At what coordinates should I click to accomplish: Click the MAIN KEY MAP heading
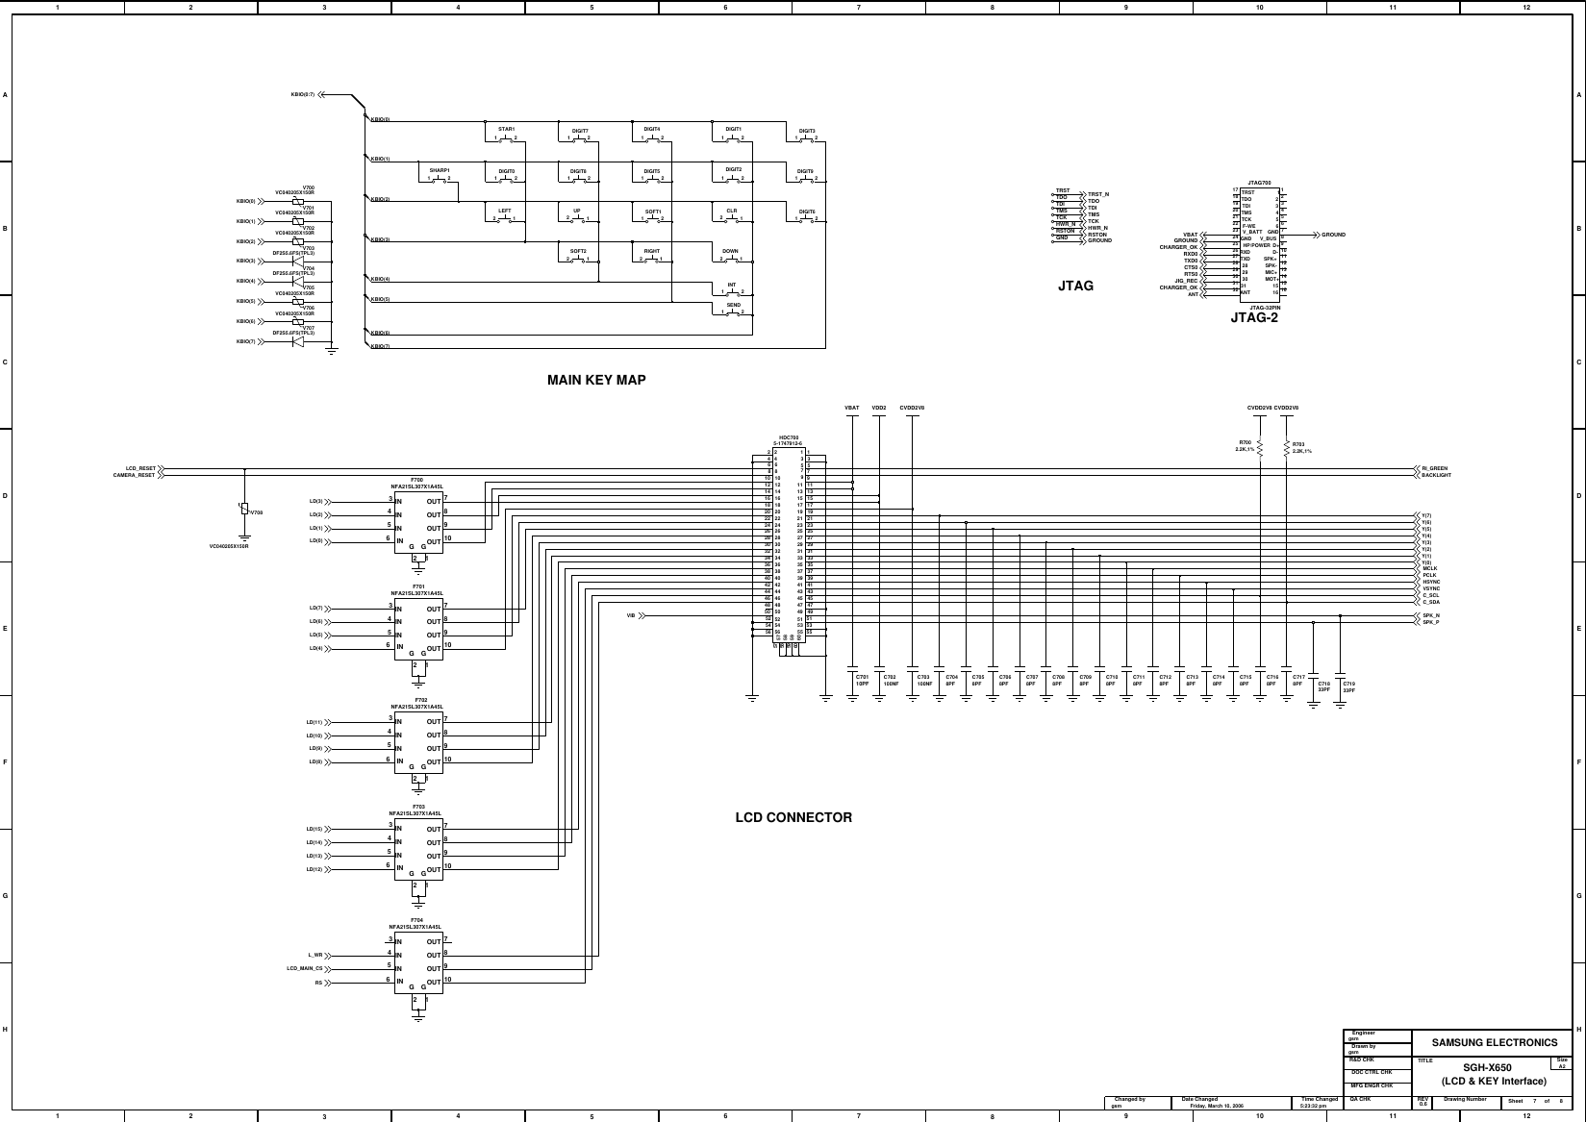coord(596,380)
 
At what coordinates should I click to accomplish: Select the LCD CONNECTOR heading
coord(793,817)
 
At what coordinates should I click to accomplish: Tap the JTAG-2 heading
coord(1254,317)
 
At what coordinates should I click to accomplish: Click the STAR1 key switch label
coord(507,129)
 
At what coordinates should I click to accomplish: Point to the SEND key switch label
coord(733,305)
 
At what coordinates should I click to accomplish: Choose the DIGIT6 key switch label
coord(807,211)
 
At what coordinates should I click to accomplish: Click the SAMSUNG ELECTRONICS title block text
coord(1494,1042)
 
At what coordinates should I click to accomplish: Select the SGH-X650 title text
coord(1487,1068)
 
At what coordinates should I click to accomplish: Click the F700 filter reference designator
coord(416,479)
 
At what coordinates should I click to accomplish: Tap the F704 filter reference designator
coord(416,920)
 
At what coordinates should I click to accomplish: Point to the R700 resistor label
coord(1245,443)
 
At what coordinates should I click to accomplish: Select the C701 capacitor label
coord(862,677)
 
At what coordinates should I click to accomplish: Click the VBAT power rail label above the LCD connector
coord(851,408)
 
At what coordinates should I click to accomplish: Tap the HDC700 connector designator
coord(789,437)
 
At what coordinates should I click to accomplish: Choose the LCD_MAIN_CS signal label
coord(304,969)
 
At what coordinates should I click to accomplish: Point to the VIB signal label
coord(631,615)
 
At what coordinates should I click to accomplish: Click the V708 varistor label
coord(256,512)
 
